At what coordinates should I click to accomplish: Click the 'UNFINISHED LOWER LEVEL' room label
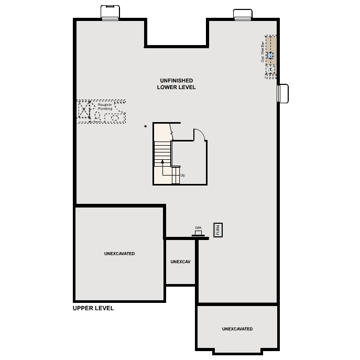pos(176,84)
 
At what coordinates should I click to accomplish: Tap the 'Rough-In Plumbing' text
pos(105,106)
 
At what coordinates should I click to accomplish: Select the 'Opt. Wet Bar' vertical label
pos(263,52)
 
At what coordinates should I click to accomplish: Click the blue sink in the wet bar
pos(270,56)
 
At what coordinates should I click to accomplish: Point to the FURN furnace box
pos(218,230)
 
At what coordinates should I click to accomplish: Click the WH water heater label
pos(198,228)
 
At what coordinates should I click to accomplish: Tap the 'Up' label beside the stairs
pos(183,175)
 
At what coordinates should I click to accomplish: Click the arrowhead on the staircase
pos(162,161)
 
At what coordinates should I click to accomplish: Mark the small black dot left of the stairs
pos(145,126)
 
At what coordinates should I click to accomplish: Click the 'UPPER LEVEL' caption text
pos(93,308)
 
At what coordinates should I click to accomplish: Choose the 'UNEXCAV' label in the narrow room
pos(180,261)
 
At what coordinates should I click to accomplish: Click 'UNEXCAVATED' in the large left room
pos(119,254)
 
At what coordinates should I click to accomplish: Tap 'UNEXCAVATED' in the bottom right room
pos(237,329)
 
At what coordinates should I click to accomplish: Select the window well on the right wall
pos(282,93)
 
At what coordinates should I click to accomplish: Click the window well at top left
pos(110,13)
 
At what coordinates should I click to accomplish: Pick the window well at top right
pos(243,15)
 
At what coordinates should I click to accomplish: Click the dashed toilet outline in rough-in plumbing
pos(97,116)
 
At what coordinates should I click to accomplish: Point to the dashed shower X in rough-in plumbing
pos(84,109)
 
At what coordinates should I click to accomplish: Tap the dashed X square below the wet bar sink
pos(270,69)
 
